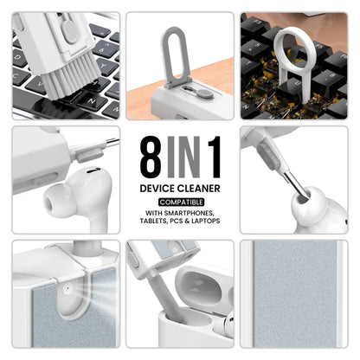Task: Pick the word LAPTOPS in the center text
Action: tap(208, 221)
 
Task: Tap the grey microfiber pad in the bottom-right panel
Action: tap(294, 299)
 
